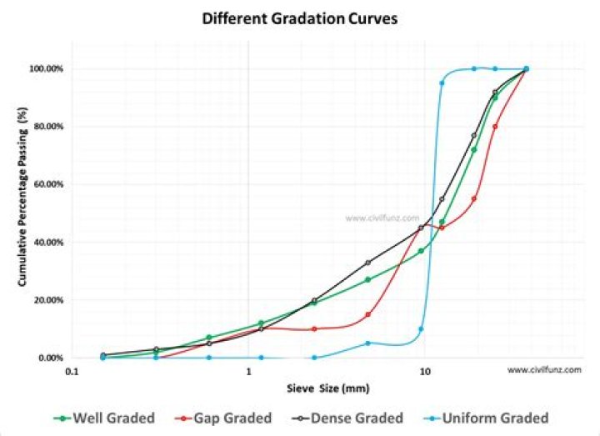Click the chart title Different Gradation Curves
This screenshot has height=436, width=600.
[x=299, y=18]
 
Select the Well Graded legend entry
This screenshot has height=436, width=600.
[x=106, y=418]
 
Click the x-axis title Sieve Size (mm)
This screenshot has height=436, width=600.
[x=327, y=388]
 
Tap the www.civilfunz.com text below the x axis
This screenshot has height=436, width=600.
[x=543, y=369]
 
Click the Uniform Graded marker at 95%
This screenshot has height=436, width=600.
[x=442, y=83]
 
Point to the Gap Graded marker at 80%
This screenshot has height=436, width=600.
[x=495, y=127]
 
